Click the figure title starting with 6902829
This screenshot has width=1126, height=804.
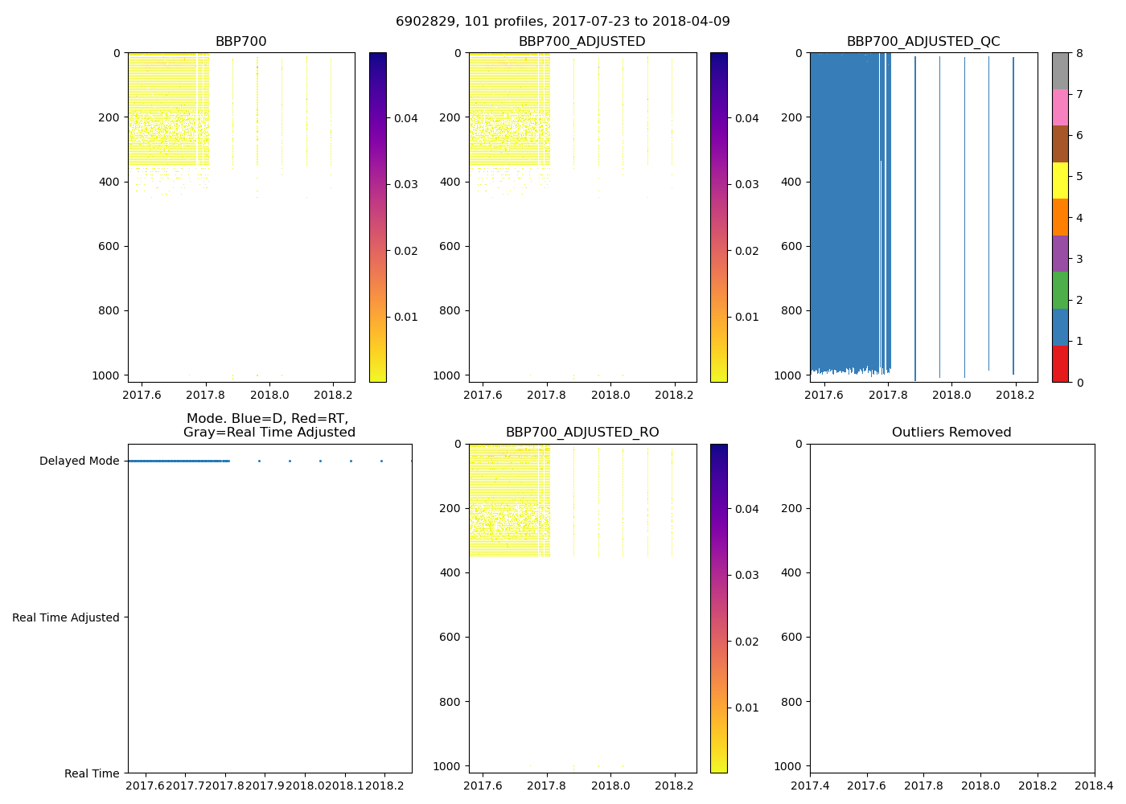[562, 22]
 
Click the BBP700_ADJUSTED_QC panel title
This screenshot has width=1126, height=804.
[923, 42]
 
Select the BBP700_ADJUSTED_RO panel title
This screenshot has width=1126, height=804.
[582, 433]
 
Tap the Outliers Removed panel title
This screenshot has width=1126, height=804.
[951, 433]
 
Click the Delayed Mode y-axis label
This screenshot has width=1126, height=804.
[79, 461]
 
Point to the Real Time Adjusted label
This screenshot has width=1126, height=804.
[66, 617]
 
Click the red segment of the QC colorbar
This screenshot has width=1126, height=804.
[1060, 364]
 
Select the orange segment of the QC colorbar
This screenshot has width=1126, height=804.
[1060, 217]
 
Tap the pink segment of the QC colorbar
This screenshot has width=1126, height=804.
[1060, 108]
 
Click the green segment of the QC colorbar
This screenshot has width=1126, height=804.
[1060, 290]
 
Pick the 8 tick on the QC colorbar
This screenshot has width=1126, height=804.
[1079, 53]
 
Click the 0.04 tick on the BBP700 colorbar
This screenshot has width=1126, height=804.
[405, 118]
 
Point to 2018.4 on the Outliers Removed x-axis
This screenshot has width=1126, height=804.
[1095, 786]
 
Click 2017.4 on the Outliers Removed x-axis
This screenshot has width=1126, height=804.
[810, 786]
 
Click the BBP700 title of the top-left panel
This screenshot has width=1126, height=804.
[240, 42]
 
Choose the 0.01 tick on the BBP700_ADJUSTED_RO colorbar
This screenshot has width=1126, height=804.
[746, 708]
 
